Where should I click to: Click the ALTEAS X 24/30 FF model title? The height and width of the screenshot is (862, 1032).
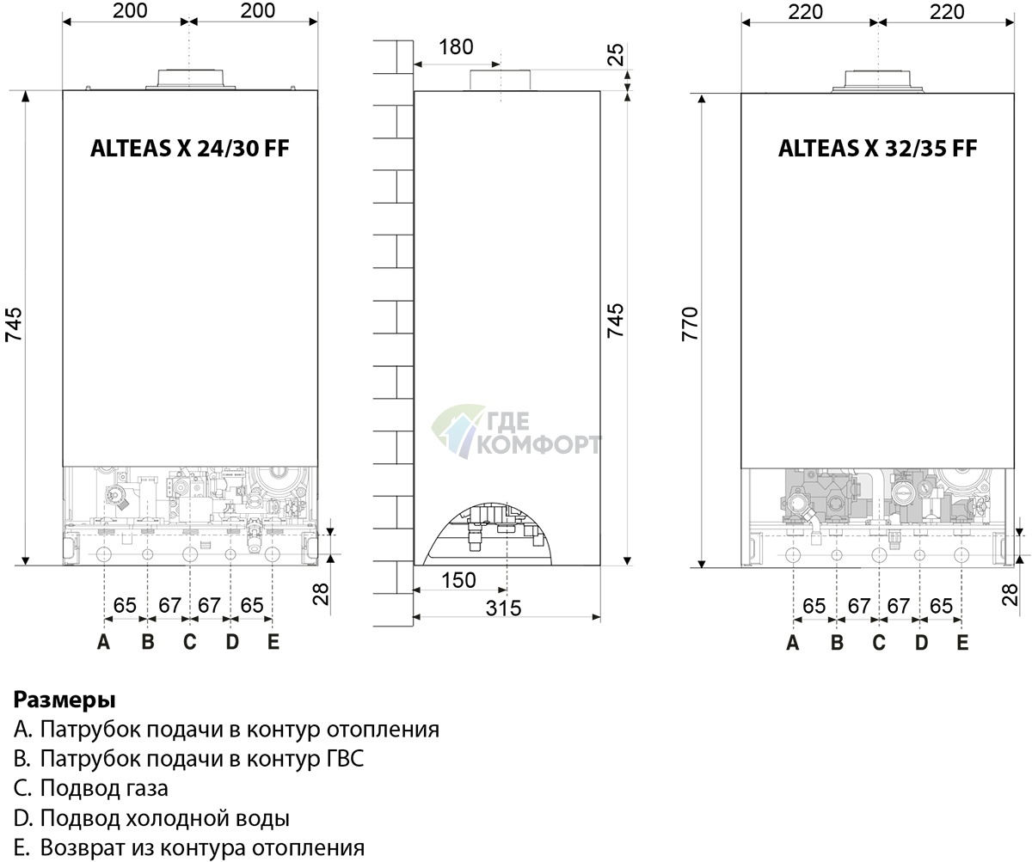tap(189, 148)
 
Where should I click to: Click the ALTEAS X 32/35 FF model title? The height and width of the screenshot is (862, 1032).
tap(877, 148)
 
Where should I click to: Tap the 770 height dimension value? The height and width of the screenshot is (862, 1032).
tap(690, 323)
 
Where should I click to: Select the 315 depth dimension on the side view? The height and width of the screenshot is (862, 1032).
tap(503, 608)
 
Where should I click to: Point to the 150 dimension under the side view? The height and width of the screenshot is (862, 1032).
tap(458, 580)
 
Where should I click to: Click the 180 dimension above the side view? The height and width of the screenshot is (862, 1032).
tap(456, 47)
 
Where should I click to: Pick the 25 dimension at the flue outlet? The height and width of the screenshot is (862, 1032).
tap(616, 54)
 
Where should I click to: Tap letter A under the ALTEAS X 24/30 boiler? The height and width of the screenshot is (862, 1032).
tap(103, 642)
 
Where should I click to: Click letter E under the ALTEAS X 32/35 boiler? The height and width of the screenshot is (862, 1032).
tap(962, 642)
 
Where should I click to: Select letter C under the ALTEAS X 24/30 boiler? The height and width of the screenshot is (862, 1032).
tap(190, 642)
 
